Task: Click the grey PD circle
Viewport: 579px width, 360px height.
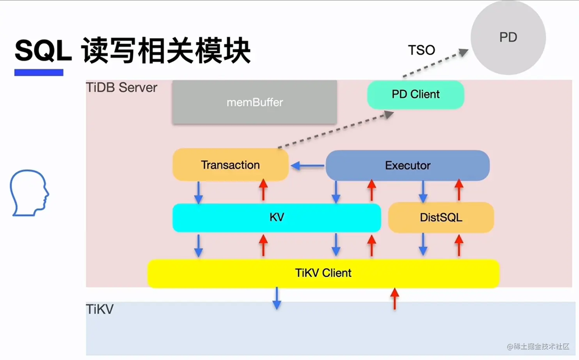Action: (508, 37)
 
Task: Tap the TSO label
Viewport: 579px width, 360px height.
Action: (421, 50)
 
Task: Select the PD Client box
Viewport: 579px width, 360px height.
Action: (416, 94)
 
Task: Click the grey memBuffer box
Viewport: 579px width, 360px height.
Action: (254, 102)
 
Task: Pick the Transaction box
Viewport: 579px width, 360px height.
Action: (230, 165)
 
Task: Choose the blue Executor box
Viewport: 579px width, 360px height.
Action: (408, 165)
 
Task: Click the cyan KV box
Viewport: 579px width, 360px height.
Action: (277, 217)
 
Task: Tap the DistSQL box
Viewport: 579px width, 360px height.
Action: (441, 217)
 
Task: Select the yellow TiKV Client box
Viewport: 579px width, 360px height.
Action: (323, 273)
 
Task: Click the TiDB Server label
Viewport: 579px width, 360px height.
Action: (121, 88)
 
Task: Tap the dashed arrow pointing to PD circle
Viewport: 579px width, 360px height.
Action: (435, 63)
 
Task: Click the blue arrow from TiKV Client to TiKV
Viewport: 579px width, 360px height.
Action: (277, 298)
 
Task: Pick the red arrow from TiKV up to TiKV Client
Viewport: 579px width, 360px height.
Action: (394, 299)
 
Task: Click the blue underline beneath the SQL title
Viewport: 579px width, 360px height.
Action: (39, 73)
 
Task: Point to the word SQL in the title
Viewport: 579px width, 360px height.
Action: (43, 51)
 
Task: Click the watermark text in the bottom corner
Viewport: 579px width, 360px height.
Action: (538, 346)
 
